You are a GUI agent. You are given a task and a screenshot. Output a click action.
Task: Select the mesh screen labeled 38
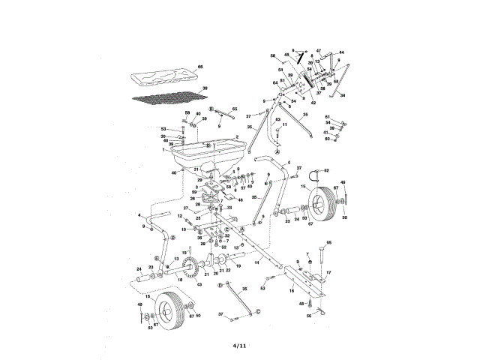167,96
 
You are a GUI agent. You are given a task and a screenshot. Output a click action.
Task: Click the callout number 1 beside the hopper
162,150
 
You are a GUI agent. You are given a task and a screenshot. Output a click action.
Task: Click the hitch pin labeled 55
322,252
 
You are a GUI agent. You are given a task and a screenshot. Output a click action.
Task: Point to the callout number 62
327,170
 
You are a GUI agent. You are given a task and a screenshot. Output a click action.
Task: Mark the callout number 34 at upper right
343,96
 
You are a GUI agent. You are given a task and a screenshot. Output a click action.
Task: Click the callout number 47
318,49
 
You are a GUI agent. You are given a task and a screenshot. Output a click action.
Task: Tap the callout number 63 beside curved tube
277,119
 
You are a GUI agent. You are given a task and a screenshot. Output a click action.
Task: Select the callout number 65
235,109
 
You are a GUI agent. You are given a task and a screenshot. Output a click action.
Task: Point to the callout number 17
328,271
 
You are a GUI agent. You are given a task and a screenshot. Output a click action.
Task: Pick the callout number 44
341,52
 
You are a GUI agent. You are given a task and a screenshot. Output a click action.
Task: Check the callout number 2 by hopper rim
237,136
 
